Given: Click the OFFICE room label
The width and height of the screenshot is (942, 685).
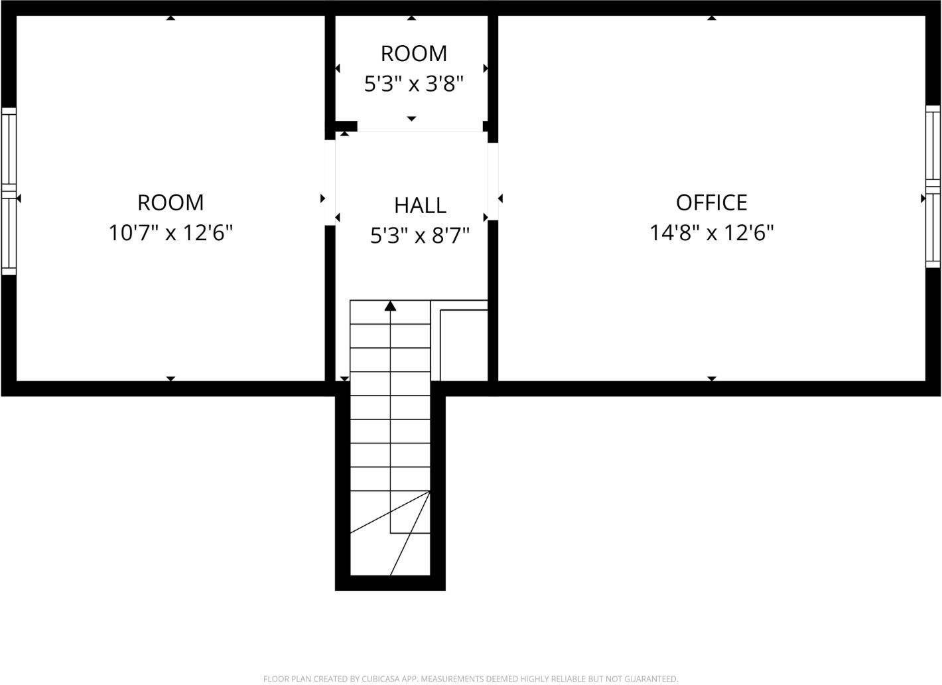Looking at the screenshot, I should [x=711, y=202].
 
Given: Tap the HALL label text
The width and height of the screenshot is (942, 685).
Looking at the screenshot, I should [x=420, y=205].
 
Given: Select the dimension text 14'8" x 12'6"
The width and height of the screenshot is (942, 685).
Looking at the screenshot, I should [x=711, y=233].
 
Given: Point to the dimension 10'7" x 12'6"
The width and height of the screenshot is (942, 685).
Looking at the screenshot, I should [x=170, y=233].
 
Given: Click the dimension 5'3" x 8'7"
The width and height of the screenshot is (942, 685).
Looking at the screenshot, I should [x=420, y=235].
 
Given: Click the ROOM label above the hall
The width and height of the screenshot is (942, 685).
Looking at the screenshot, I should [x=413, y=53].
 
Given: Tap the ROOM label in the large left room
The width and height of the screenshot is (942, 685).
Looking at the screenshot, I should [x=170, y=202].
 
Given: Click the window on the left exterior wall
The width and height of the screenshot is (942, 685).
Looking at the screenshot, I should [x=8, y=191].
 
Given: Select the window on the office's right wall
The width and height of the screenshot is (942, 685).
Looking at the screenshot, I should [x=933, y=186].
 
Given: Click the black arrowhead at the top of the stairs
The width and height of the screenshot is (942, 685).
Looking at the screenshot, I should [x=391, y=306].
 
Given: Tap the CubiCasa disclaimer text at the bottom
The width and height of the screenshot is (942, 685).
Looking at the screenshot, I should [x=470, y=678].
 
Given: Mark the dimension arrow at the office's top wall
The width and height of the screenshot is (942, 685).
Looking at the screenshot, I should [x=712, y=18].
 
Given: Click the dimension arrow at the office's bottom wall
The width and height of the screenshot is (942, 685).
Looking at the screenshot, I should [x=712, y=378].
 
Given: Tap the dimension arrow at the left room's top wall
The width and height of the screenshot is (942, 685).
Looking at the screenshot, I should [x=170, y=18].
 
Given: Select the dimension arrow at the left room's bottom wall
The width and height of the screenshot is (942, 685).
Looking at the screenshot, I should [x=170, y=378].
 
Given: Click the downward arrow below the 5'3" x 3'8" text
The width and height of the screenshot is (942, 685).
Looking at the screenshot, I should [x=411, y=119].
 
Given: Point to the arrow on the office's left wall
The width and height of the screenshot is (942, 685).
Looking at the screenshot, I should [x=500, y=198].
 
